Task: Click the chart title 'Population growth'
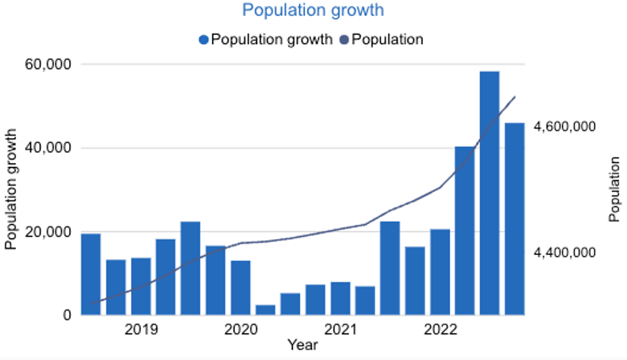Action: (313, 11)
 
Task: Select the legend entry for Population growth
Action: (266, 40)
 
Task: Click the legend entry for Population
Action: (381, 40)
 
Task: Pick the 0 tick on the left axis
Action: (66, 315)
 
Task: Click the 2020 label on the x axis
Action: (241, 330)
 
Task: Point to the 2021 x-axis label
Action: (340, 330)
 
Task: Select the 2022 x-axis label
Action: (440, 330)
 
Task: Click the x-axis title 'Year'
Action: (302, 345)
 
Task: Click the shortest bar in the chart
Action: (266, 309)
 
